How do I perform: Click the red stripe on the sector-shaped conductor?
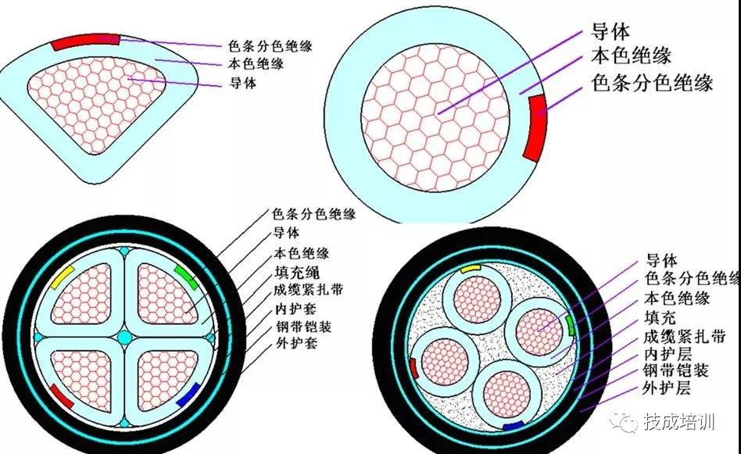(86, 41)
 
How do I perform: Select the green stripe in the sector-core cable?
(185, 275)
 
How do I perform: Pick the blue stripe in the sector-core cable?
(187, 395)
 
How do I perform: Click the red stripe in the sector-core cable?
(61, 396)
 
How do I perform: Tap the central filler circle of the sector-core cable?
(124, 337)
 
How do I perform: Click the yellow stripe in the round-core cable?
(471, 268)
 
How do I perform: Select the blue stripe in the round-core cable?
(513, 427)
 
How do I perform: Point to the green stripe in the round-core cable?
(571, 324)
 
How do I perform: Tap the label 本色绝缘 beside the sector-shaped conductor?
(256, 64)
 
